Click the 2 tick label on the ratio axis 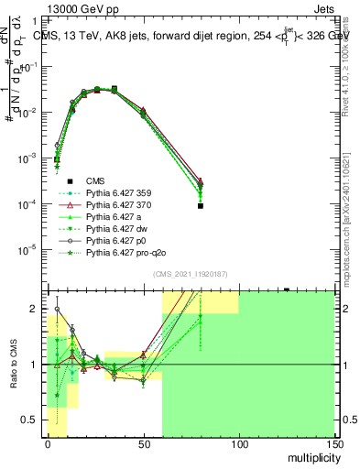click(38, 309)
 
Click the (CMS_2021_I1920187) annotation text click(191, 275)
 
